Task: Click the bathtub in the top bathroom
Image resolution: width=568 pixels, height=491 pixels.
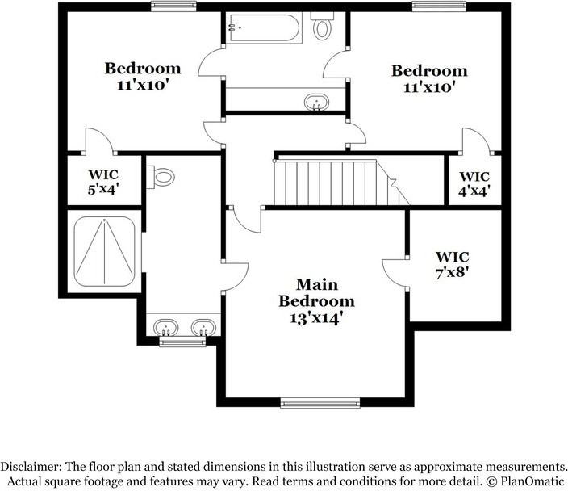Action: (264, 28)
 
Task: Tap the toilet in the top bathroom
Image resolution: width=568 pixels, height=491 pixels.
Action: (323, 27)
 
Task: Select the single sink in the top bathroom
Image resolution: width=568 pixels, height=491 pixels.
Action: (315, 102)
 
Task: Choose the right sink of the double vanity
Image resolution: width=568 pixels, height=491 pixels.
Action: (203, 328)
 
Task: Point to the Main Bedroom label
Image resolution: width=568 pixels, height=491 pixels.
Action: (316, 293)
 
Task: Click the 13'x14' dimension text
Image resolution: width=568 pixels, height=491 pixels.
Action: (316, 318)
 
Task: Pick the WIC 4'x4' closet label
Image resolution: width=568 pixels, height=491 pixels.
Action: (474, 183)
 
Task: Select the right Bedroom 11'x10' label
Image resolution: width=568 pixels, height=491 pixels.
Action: (429, 78)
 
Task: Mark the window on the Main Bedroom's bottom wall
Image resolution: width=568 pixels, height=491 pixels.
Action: (320, 401)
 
